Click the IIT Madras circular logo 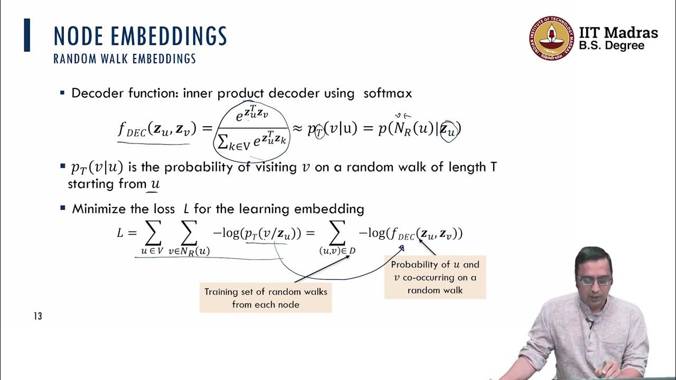click(550, 38)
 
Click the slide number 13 click(37, 316)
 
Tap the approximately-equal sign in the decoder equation click(297, 128)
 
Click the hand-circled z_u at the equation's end click(448, 129)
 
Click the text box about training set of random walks click(266, 298)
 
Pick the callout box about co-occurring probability click(435, 278)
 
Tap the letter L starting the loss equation click(120, 233)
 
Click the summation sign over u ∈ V click(152, 233)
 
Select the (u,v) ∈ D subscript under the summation click(337, 251)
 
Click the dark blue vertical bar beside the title click(27, 35)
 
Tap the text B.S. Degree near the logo click(612, 46)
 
